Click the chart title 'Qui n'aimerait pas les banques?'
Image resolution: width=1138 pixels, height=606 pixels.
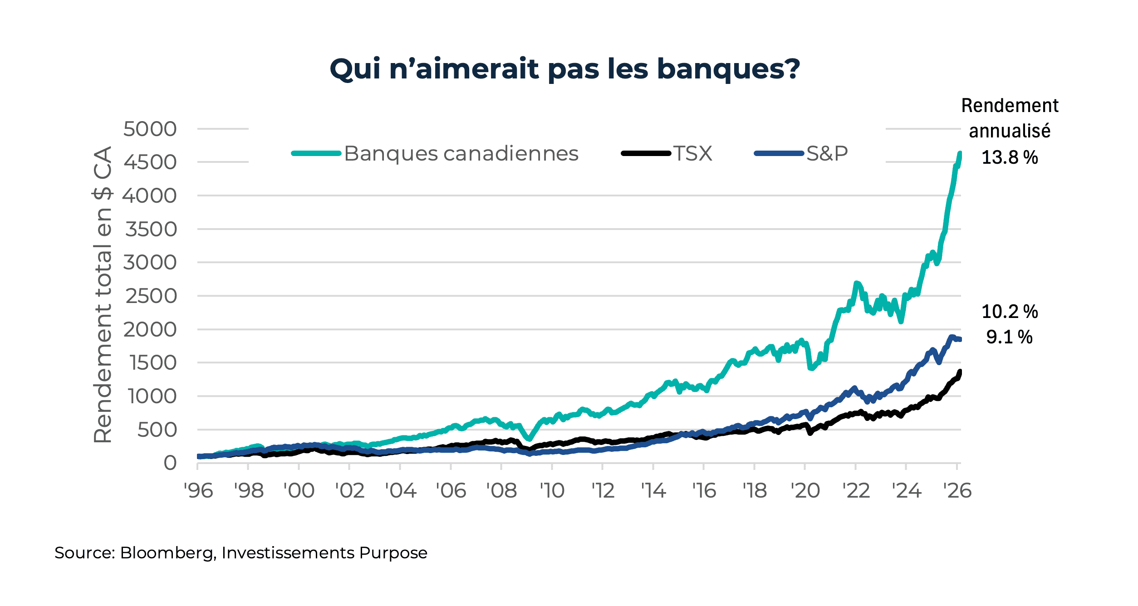(564, 69)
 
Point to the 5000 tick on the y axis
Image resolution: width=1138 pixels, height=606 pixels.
(150, 129)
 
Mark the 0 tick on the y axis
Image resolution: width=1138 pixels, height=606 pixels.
(170, 463)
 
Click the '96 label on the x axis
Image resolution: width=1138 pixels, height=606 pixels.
(198, 491)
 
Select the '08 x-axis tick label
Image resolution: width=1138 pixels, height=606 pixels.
(501, 491)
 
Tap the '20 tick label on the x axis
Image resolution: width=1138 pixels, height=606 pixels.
(805, 491)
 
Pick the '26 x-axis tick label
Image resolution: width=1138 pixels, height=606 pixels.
(957, 491)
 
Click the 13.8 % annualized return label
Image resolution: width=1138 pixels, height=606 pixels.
(1010, 158)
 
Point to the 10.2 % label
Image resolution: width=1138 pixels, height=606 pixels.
(1010, 312)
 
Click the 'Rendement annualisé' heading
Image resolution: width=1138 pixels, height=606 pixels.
(1010, 118)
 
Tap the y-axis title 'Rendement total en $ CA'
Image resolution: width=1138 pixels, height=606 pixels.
(103, 295)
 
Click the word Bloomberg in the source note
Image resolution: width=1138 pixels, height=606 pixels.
(166, 553)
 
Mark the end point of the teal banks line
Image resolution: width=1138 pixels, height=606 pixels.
(960, 153)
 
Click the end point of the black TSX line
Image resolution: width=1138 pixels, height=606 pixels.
(960, 371)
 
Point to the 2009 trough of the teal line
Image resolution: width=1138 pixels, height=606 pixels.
(529, 439)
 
